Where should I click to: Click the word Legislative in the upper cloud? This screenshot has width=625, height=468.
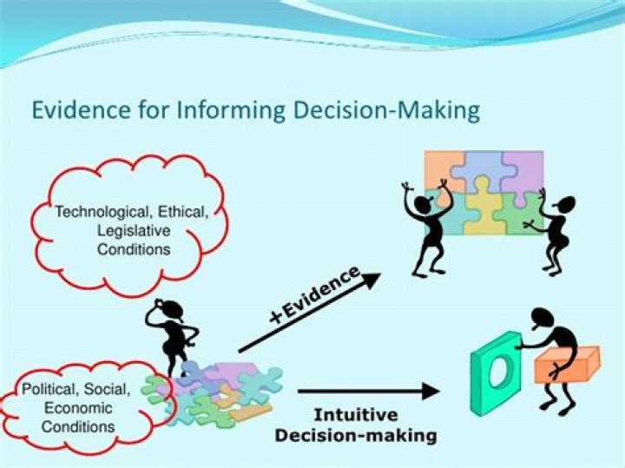[x=135, y=230]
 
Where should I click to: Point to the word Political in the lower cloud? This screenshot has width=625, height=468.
[x=49, y=388]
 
